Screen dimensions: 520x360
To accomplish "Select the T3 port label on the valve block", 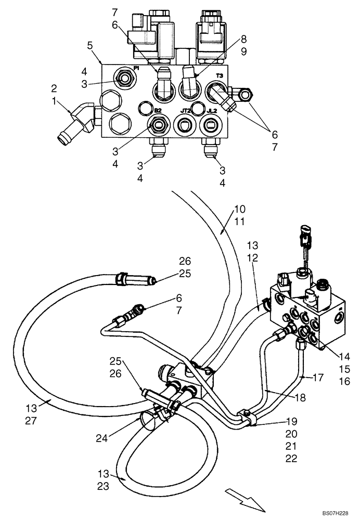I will click(x=220, y=76).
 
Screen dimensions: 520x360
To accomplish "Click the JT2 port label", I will click(x=185, y=110).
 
